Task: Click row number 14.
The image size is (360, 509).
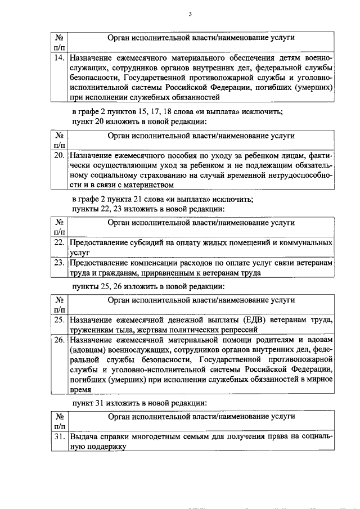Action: [x=58, y=58]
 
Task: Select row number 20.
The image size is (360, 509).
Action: [x=58, y=155]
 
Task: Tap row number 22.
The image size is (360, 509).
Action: [x=58, y=242]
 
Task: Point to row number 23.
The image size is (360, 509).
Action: [x=58, y=262]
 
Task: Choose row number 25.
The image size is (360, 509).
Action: [x=58, y=320]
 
